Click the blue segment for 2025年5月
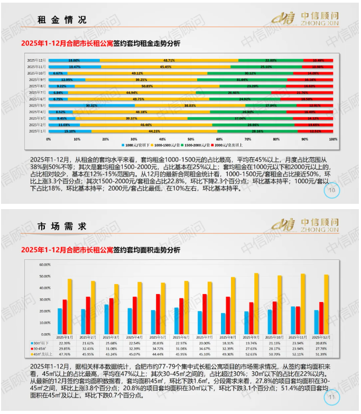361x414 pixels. point(91,106)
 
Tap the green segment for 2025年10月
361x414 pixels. point(251,73)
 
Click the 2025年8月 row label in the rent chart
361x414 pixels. point(37,86)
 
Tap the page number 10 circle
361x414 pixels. point(331,190)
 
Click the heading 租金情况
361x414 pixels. point(62,20)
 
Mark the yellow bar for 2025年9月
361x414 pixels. point(256,303)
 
